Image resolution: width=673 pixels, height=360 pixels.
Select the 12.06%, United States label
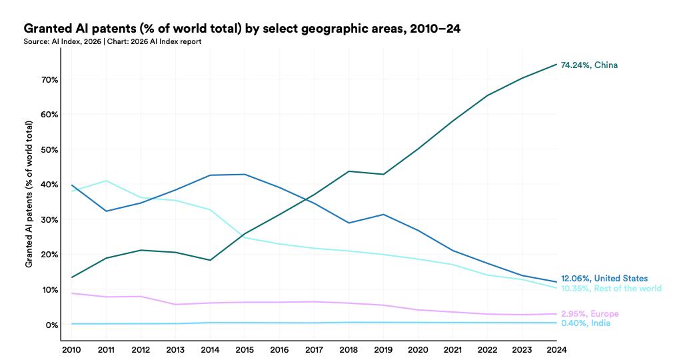point(604,279)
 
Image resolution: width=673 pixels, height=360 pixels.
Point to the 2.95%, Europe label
point(590,314)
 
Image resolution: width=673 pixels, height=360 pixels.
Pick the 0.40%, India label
point(586,323)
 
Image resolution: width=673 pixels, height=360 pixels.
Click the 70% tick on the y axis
point(50,79)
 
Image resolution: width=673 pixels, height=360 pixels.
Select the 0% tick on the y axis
point(53,325)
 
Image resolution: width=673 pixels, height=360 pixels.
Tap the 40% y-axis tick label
point(50,185)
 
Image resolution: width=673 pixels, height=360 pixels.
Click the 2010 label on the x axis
point(71,349)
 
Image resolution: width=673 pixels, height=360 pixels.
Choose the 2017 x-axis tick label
point(314,349)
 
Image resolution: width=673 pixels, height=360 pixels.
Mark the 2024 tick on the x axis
point(556,349)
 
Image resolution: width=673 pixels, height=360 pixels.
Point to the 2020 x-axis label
point(418,349)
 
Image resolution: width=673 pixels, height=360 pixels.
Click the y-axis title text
point(29,195)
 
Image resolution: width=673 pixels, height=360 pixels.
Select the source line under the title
point(113,41)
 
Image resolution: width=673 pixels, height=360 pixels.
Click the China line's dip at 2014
point(210,260)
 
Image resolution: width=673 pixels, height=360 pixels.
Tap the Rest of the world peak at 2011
point(106,181)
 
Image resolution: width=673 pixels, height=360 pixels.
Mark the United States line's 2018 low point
point(348,223)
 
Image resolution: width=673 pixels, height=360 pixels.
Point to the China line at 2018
point(348,171)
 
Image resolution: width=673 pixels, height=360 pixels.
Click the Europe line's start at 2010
point(71,293)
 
